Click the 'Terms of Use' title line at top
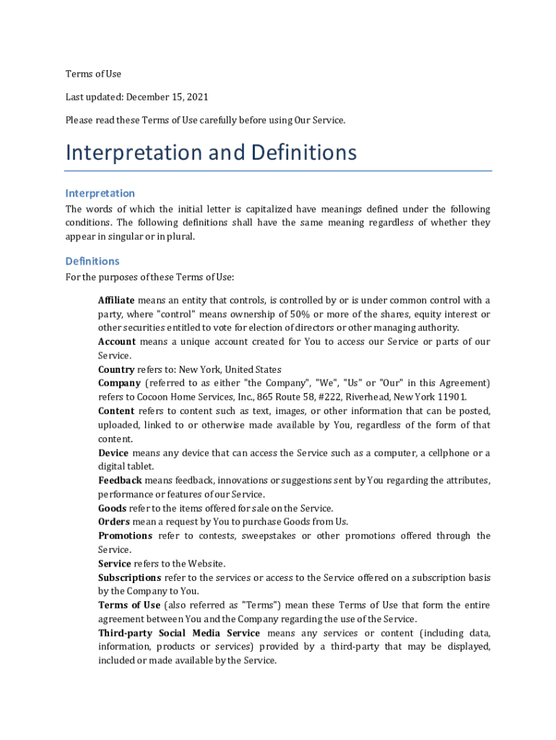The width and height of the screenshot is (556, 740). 93,74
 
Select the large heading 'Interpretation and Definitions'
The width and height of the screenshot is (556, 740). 211,152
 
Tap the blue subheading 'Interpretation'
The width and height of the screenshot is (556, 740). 100,193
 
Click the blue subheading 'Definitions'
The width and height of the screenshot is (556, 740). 92,261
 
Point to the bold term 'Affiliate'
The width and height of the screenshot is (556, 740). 116,300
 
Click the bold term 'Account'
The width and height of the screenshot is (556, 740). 117,342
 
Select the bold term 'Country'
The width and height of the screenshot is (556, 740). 116,369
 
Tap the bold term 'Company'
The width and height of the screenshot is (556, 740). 119,383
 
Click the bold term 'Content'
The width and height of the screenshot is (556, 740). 116,411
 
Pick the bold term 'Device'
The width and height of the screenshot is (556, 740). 113,453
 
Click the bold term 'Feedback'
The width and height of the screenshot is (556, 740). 120,481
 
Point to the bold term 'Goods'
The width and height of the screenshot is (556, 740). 112,508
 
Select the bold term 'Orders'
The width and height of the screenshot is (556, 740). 114,522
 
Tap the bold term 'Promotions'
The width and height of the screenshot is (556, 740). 125,535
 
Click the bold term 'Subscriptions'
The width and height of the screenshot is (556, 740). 129,577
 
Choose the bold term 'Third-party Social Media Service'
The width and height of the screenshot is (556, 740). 179,633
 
